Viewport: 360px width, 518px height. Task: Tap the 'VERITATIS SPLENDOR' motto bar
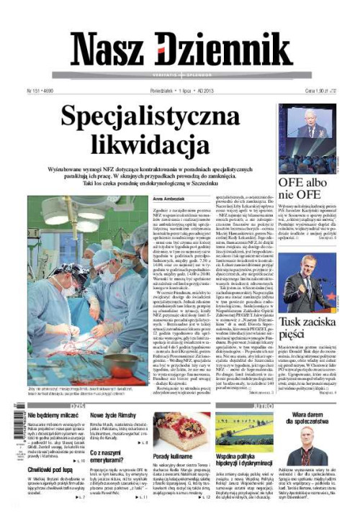coord(180,74)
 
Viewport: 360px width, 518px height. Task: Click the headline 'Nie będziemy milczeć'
coord(53,415)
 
